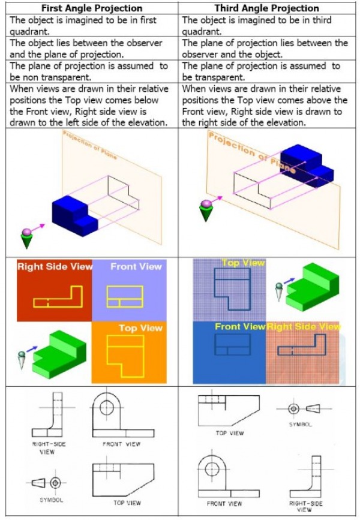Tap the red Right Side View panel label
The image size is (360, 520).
pyautogui.click(x=55, y=267)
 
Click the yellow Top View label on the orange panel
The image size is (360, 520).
pyautogui.click(x=140, y=328)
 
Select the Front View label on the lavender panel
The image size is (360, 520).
pyautogui.click(x=136, y=267)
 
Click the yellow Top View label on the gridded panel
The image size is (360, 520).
pyautogui.click(x=242, y=263)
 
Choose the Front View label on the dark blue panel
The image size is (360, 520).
pyautogui.click(x=239, y=327)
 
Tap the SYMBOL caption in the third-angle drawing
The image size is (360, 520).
pyautogui.click(x=300, y=424)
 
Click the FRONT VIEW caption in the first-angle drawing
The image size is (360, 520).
pyautogui.click(x=121, y=444)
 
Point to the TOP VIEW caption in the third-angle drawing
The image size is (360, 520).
pyautogui.click(x=229, y=432)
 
